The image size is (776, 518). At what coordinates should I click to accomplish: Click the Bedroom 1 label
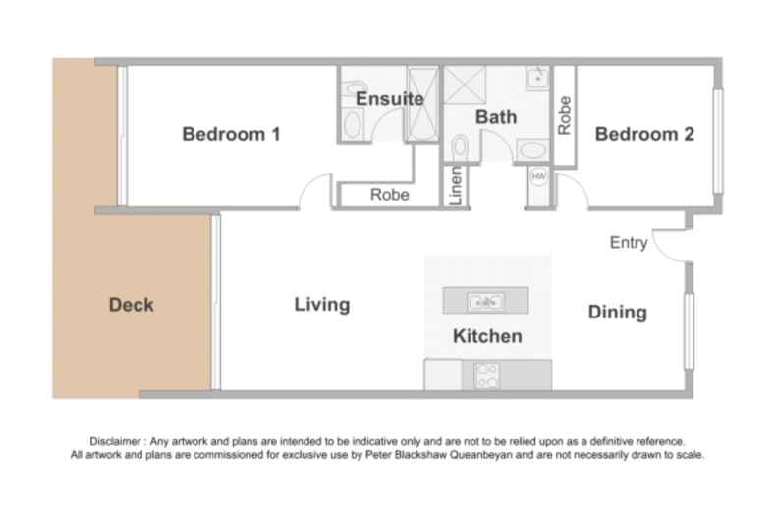coord(231,135)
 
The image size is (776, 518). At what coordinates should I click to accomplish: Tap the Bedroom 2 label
coord(644,135)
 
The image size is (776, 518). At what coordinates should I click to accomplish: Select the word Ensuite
coord(389,99)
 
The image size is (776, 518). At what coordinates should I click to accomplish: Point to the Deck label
coord(131,305)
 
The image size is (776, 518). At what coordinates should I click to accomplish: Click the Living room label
coord(322,305)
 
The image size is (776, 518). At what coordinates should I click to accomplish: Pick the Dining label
coord(617,313)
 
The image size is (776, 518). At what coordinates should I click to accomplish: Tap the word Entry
coord(628,243)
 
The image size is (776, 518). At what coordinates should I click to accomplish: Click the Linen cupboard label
coord(456,186)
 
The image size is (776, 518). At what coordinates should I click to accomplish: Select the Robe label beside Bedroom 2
coord(564,115)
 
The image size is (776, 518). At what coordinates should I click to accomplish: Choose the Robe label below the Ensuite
coord(390,195)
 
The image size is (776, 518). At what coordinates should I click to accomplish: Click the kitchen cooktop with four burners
coord(486,374)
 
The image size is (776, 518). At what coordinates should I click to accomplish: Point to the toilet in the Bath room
coord(460,147)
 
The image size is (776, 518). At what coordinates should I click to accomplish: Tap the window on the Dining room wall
coord(689,323)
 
